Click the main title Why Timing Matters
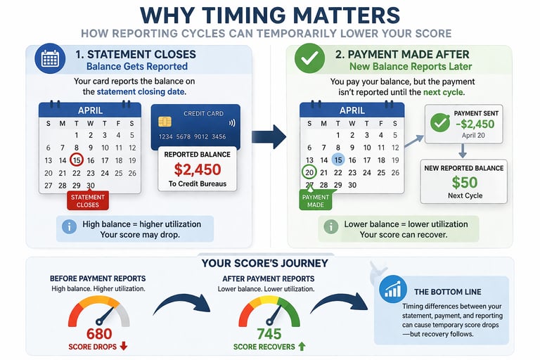[x=270, y=15]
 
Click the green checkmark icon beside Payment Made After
[x=309, y=60]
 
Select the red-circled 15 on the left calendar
[x=76, y=160]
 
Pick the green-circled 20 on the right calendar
[x=309, y=172]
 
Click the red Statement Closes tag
[x=88, y=200]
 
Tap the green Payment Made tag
[x=316, y=201]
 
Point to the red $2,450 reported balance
[x=198, y=169]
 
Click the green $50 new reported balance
[x=464, y=183]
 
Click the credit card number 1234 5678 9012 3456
[x=192, y=136]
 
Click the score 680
[x=98, y=333]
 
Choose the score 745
[x=269, y=333]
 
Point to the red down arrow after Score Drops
[x=124, y=346]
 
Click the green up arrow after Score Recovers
[x=302, y=346]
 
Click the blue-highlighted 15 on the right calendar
[x=338, y=160]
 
